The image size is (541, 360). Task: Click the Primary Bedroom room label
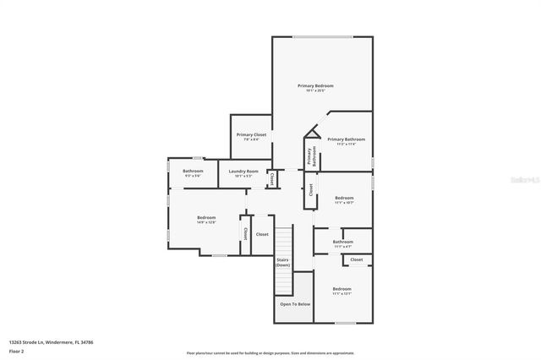(x=315, y=85)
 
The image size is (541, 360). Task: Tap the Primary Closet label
(x=251, y=135)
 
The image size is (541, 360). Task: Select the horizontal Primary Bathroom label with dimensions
(x=346, y=139)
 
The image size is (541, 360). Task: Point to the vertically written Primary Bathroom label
(x=311, y=155)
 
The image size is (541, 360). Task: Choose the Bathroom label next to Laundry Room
(x=193, y=172)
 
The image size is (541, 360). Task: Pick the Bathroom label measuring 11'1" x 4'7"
(x=342, y=242)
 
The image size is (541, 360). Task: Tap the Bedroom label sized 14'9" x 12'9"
(x=207, y=218)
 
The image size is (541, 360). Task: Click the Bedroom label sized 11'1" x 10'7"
(x=343, y=199)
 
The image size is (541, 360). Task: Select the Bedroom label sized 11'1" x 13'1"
(x=342, y=290)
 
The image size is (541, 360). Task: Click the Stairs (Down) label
(x=282, y=263)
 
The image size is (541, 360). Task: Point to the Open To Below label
(x=295, y=303)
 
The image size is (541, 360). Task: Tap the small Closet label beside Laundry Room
(x=271, y=179)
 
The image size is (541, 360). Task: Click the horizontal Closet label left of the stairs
(x=262, y=234)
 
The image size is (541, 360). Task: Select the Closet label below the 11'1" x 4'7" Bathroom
(x=357, y=260)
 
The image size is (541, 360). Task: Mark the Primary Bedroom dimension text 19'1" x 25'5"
(x=315, y=90)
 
